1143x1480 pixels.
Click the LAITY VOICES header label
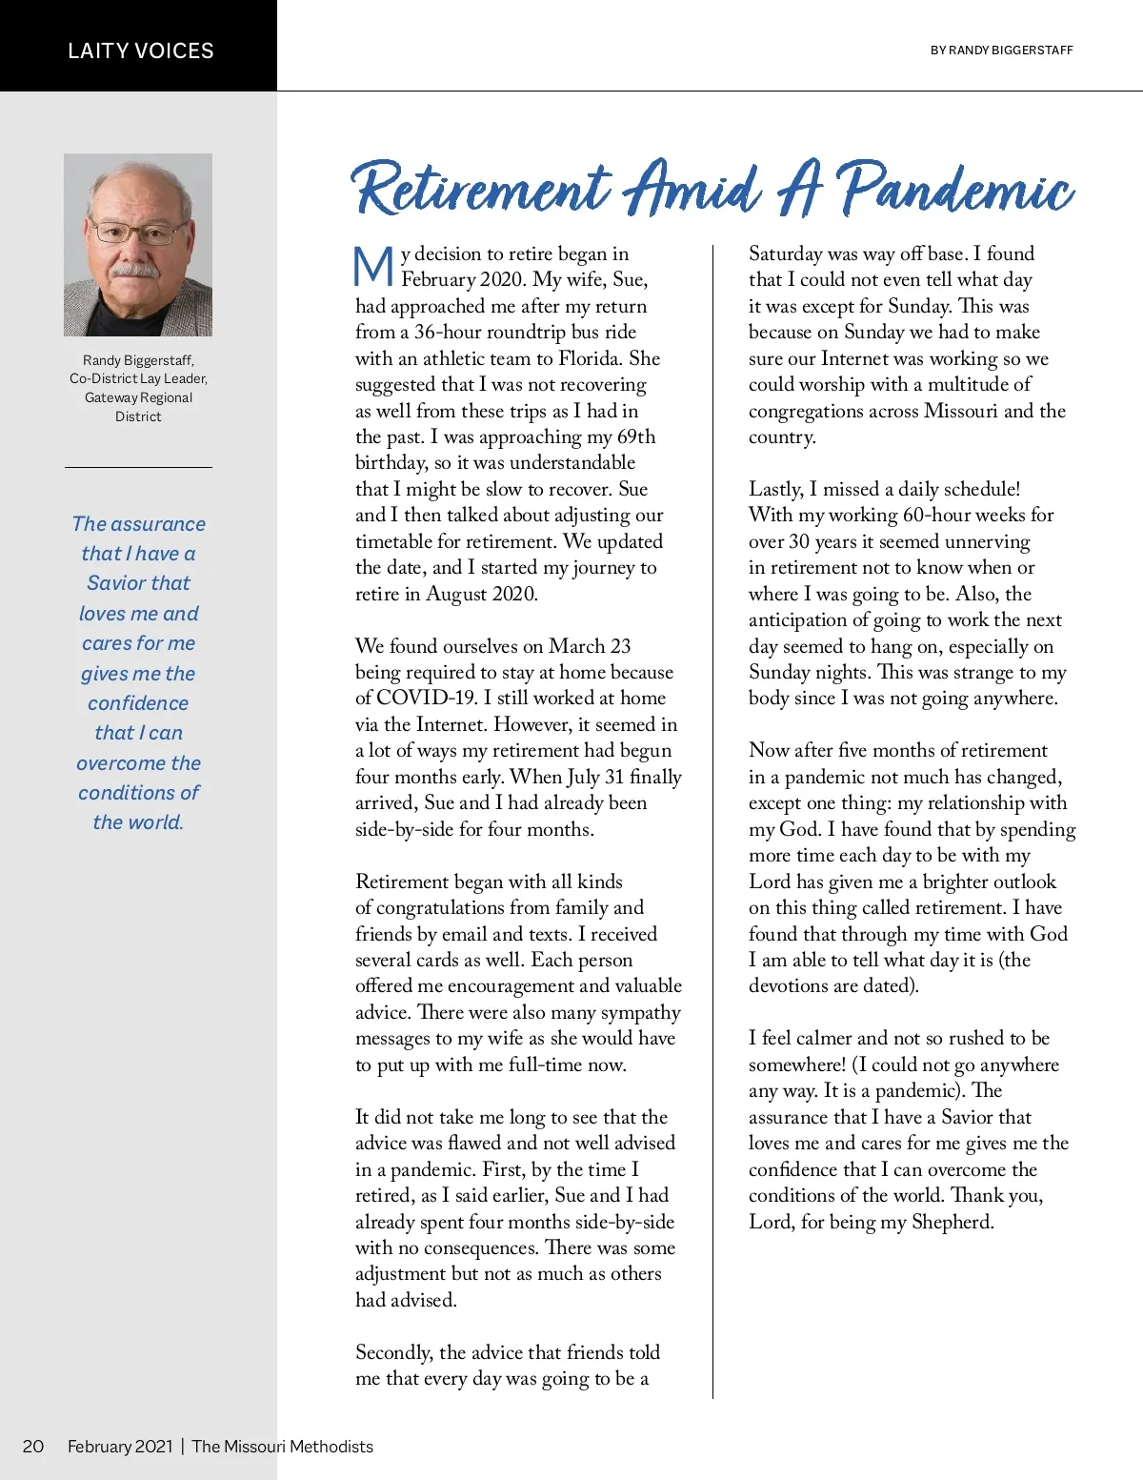click(x=141, y=51)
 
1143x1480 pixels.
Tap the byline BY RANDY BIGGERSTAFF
click(x=1001, y=51)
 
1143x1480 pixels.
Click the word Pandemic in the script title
click(x=956, y=188)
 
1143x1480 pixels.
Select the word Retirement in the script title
click(x=482, y=188)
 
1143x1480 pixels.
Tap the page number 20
click(x=33, y=1446)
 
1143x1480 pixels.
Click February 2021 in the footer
click(x=120, y=1446)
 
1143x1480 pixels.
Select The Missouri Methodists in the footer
click(x=282, y=1446)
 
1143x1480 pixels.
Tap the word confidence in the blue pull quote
click(x=138, y=703)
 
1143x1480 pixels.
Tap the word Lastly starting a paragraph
click(x=775, y=489)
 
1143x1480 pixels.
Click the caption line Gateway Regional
click(x=138, y=397)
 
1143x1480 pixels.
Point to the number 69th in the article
click(x=632, y=436)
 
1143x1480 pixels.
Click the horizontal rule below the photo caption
click(x=138, y=467)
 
